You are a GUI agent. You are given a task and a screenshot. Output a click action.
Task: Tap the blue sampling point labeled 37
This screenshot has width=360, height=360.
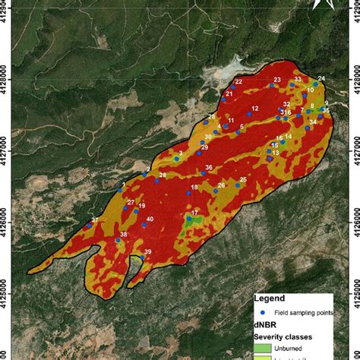(90, 226)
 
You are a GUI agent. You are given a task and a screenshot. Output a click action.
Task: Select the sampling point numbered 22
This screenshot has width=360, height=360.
(233, 88)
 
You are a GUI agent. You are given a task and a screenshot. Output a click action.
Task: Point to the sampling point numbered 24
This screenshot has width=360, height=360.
(315, 84)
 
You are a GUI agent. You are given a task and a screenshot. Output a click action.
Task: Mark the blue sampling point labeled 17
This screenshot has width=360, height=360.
(188, 219)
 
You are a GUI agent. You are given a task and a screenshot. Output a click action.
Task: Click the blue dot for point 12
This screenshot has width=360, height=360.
(248, 114)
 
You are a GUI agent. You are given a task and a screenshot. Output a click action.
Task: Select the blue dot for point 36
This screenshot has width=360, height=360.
(204, 173)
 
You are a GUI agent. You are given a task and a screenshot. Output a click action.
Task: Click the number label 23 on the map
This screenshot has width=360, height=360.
(276, 80)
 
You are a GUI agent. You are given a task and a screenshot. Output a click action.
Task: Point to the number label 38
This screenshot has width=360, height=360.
(123, 235)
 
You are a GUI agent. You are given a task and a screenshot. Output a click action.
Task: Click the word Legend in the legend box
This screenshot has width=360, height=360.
(270, 299)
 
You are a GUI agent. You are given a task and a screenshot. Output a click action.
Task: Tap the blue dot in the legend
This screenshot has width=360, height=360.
(259, 313)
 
